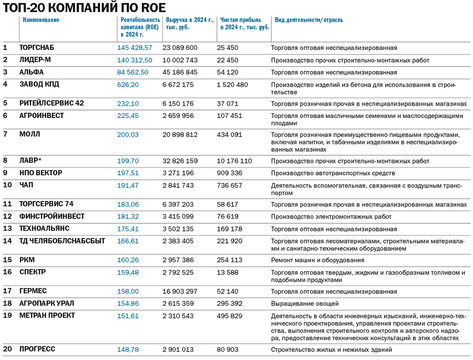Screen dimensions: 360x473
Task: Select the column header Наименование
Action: pyautogui.click(x=41, y=20)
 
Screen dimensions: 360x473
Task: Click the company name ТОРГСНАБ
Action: pyautogui.click(x=37, y=48)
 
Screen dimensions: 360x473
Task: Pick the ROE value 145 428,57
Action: pyautogui.click(x=134, y=48)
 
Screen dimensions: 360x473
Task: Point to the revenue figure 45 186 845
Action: pyautogui.click(x=180, y=72)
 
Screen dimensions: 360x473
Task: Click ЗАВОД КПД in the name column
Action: pyautogui.click(x=39, y=84)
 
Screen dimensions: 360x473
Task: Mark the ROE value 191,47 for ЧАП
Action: pyautogui.click(x=128, y=185)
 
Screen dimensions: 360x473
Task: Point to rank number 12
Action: pyautogui.click(x=7, y=216)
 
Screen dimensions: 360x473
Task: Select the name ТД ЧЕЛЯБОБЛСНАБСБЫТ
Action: pyautogui.click(x=62, y=241)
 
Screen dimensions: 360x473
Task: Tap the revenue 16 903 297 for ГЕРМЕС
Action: pyautogui.click(x=180, y=291)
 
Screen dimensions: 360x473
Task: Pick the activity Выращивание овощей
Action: pyautogui.click(x=305, y=304)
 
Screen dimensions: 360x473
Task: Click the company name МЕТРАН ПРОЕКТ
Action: pyautogui.click(x=47, y=316)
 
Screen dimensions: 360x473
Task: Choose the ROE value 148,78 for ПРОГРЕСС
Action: pyautogui.click(x=128, y=350)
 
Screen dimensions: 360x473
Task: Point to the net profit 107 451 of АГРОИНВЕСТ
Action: pyautogui.click(x=230, y=116)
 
